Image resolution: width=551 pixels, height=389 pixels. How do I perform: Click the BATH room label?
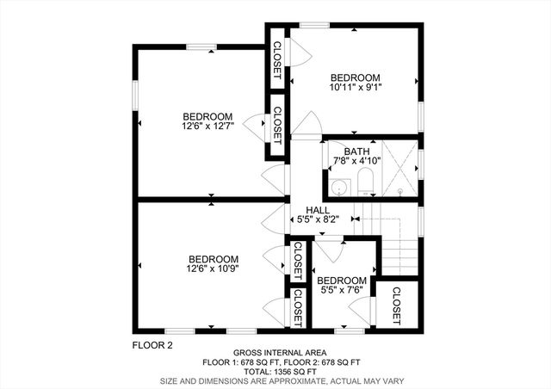tap(356, 151)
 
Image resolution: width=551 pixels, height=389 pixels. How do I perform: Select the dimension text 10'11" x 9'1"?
tap(356, 87)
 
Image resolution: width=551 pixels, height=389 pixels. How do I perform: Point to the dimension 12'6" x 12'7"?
tap(208, 127)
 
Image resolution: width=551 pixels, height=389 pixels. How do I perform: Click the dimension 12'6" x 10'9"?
tap(213, 269)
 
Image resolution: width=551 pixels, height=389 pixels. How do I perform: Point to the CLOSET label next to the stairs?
tap(397, 306)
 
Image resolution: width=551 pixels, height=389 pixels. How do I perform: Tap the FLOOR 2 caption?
tap(152, 345)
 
